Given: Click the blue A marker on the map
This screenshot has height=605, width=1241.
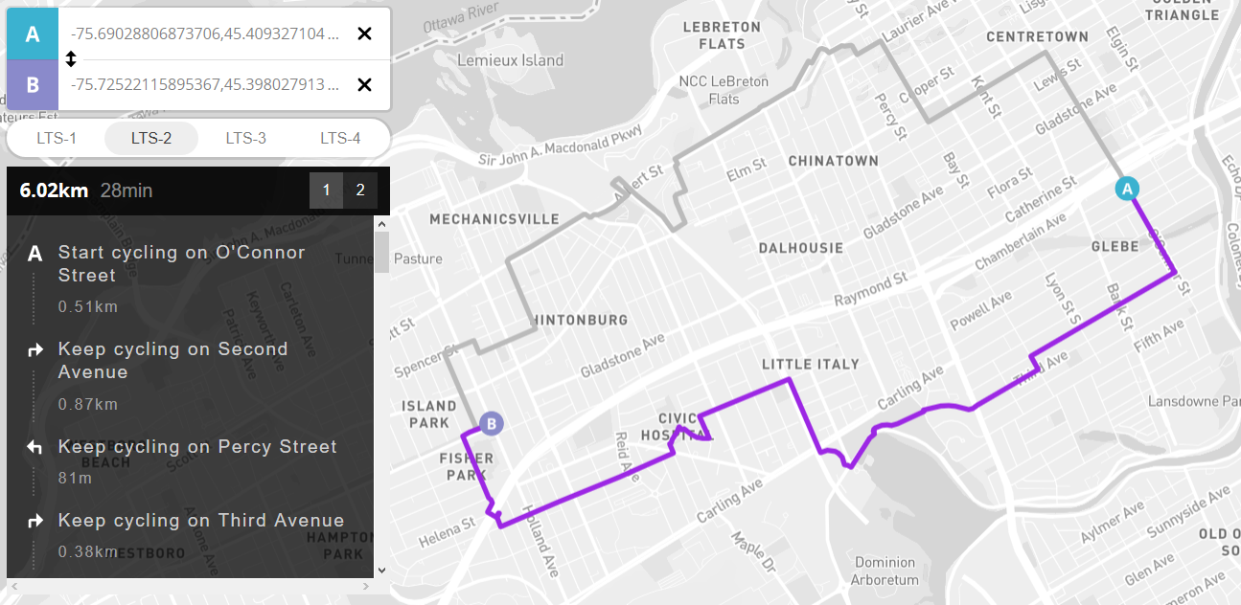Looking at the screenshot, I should click(x=1128, y=189).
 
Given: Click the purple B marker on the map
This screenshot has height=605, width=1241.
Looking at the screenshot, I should click(x=491, y=423).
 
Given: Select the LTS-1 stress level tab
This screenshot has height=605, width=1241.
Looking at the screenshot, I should click(x=57, y=138).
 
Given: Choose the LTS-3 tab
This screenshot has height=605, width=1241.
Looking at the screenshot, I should click(x=245, y=138).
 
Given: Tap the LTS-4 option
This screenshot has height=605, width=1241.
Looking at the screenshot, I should click(x=339, y=138).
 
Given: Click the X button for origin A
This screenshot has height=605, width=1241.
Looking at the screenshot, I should click(x=364, y=34).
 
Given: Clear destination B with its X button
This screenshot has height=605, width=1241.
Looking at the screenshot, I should click(x=364, y=85).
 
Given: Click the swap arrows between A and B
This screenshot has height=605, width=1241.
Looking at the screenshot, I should click(x=70, y=59).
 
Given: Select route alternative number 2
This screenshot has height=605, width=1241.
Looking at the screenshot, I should click(x=360, y=190).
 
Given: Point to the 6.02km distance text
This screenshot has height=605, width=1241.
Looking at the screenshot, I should click(x=54, y=190).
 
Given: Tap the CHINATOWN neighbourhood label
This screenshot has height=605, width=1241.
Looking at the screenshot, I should click(x=833, y=161).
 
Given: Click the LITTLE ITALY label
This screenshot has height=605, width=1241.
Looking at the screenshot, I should click(x=810, y=364).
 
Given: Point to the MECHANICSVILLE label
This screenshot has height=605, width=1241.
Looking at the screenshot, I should click(x=494, y=219).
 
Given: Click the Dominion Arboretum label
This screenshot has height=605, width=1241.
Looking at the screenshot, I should click(x=886, y=571).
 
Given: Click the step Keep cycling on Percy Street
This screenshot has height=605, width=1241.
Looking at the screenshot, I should click(x=197, y=447).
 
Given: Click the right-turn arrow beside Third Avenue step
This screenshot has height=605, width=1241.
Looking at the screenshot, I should click(x=35, y=522).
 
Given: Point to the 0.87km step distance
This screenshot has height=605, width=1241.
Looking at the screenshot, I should click(x=87, y=404).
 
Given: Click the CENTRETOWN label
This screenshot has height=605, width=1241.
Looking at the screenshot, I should click(x=1038, y=36).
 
